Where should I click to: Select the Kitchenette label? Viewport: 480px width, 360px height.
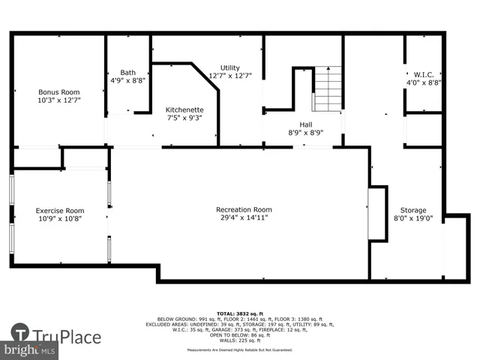pos(184,109)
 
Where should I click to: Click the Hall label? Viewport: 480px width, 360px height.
pos(305,125)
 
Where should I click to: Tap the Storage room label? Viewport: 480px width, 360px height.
pos(412,210)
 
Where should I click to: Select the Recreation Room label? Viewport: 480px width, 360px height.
pos(244,209)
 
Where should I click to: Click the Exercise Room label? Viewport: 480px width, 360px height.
pos(60,211)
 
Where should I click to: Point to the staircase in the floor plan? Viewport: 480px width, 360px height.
pos(327,88)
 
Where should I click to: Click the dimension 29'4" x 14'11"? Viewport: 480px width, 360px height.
pos(244,218)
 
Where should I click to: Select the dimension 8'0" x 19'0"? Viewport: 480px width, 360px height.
pos(412,219)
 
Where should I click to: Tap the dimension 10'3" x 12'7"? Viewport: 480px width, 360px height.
pos(58,100)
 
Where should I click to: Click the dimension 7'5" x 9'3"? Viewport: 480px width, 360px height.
pos(184,118)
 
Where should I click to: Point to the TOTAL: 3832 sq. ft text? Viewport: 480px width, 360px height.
pos(236,313)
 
